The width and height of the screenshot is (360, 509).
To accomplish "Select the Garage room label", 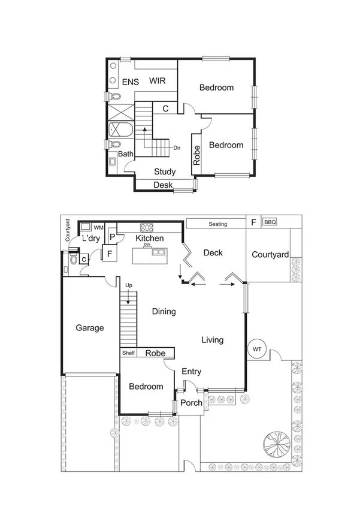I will (x=90, y=328).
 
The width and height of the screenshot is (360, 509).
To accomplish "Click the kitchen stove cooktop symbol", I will (x=147, y=227).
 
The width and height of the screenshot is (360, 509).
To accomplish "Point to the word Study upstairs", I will (x=165, y=171).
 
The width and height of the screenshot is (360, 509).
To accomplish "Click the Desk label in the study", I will (x=163, y=185).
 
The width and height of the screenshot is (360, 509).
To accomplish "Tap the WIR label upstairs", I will (x=158, y=81).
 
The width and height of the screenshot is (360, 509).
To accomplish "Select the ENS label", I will (x=131, y=82).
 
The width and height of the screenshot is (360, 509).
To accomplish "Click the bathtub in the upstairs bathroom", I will (x=120, y=130).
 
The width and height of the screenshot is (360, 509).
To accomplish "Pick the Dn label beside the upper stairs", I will (x=177, y=147).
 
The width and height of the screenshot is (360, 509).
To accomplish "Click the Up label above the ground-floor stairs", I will (x=128, y=285).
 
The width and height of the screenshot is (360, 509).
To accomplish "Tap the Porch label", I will (x=192, y=402).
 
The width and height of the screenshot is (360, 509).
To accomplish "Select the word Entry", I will (x=191, y=372).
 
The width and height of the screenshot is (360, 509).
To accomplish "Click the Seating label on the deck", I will (x=217, y=224).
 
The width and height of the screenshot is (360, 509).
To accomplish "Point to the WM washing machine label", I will (x=99, y=228).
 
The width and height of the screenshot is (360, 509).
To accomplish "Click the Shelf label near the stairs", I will (x=129, y=353).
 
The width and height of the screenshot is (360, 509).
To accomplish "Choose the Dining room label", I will (x=164, y=312).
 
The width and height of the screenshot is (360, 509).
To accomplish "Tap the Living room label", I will (x=212, y=340).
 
